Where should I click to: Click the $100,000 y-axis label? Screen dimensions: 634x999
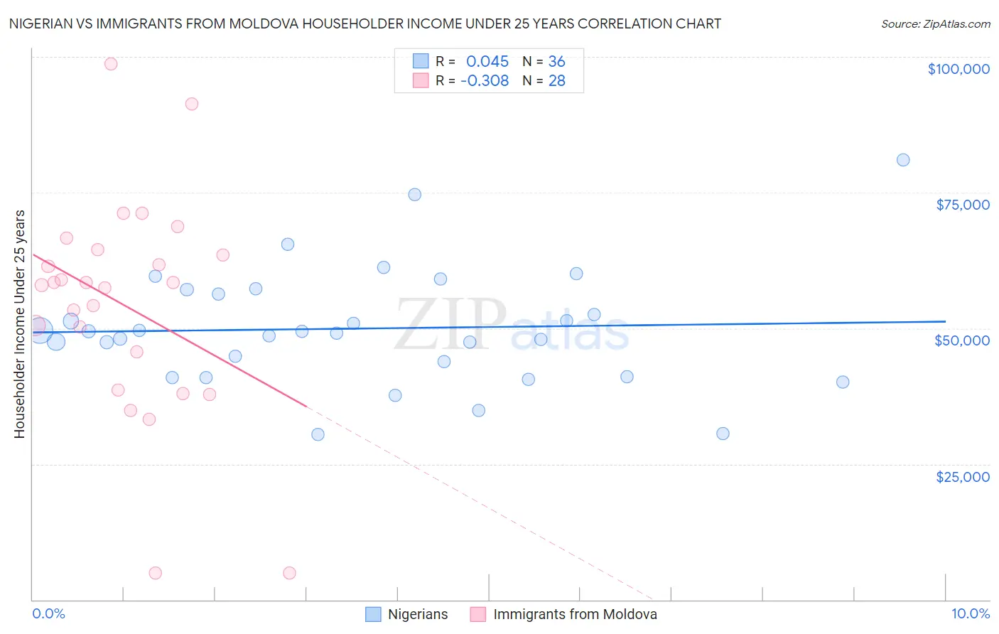coord(958,69)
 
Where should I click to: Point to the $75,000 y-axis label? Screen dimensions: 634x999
coord(962,205)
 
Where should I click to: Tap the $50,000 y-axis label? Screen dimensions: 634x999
coord(961,340)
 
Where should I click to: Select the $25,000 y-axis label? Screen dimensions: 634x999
coord(962,477)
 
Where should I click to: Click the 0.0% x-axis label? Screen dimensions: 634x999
coord(48,613)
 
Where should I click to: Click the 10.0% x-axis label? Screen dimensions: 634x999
coord(970,613)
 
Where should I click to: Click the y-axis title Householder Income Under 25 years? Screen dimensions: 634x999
coord(19,323)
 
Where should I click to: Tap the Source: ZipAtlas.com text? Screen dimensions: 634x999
coord(935,23)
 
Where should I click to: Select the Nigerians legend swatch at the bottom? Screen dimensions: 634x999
coord(373,614)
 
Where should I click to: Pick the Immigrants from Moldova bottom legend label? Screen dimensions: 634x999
coord(575,614)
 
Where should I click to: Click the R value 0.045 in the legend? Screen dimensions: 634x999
coord(487,62)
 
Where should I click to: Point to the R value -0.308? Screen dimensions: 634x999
coord(484,81)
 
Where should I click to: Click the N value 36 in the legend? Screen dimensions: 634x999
coord(556,62)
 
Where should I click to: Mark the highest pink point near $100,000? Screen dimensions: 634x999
coord(111,64)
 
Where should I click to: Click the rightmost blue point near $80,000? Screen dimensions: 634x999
coord(902,160)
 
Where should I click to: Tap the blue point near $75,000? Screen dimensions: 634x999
coord(414,195)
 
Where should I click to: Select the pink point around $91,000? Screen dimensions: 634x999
coord(191,104)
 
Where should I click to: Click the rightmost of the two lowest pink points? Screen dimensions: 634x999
coord(289,573)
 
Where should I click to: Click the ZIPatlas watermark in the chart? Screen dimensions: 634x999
coord(512,326)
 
